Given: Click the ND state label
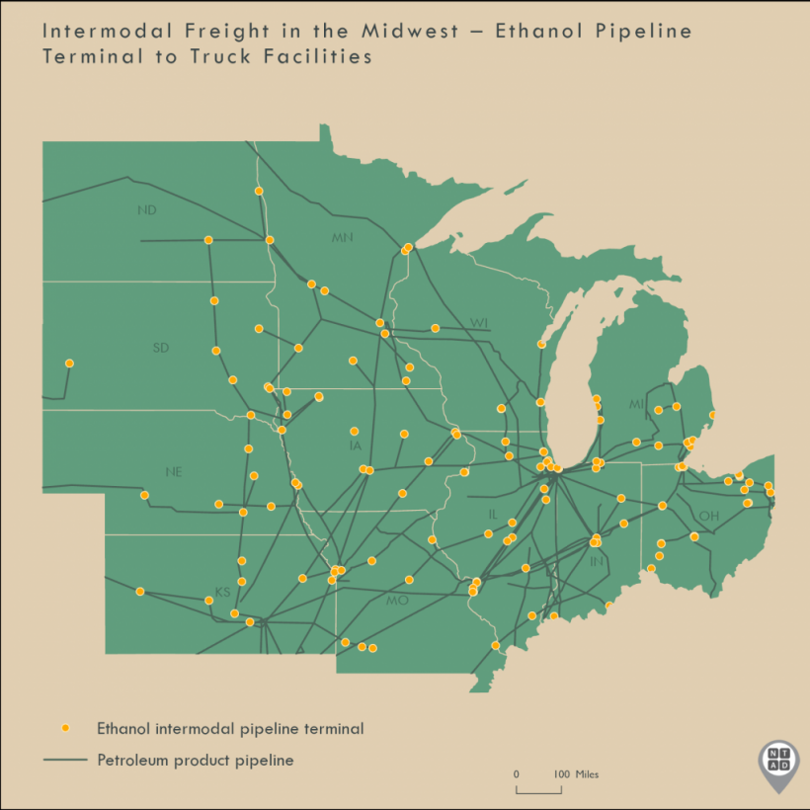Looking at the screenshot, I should tap(147, 210).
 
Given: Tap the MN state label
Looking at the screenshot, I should tap(343, 237).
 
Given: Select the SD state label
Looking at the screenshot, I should tap(160, 348).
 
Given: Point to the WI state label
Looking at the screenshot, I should tap(479, 323).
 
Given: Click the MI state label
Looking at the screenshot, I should tap(637, 405).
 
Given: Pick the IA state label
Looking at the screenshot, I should tap(356, 445).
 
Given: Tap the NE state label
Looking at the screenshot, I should tap(174, 472).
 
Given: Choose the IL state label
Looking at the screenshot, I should tap(493, 515).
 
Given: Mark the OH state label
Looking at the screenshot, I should tap(708, 516).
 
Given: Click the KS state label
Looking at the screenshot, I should tap(222, 592).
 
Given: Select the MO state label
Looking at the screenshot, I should tap(396, 601).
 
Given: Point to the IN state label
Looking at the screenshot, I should tap(596, 561).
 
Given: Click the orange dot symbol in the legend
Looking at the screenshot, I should tap(65, 728).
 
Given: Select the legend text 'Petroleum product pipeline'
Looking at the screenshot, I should tap(195, 760).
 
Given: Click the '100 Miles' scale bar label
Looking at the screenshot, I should tap(575, 774).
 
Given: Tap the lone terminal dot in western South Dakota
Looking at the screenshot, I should tap(69, 364).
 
